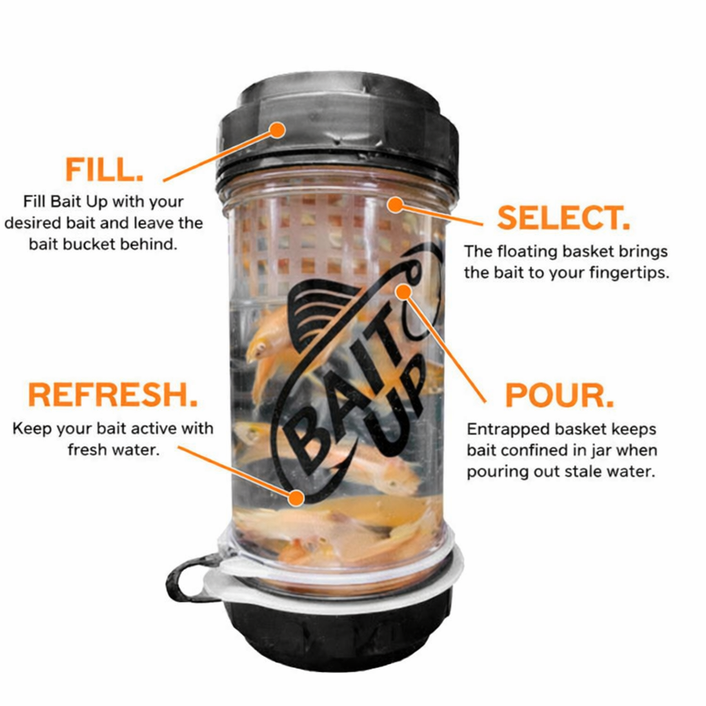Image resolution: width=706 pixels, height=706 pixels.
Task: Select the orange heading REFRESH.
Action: [112, 395]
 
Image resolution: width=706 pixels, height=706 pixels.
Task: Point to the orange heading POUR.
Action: [559, 395]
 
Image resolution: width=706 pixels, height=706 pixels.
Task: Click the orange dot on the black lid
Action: [277, 129]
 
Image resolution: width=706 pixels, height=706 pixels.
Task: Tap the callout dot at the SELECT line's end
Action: [394, 203]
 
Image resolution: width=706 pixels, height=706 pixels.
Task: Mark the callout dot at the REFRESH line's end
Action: [297, 496]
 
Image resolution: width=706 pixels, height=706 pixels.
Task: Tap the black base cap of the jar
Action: [338, 634]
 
